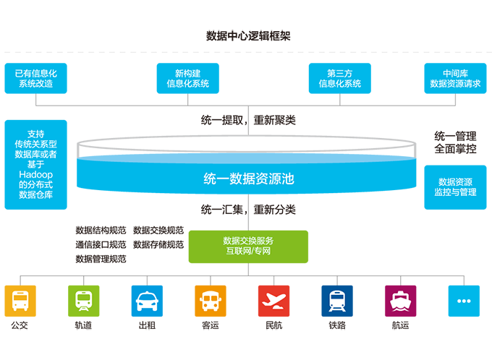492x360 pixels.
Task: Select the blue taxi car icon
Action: (147, 299)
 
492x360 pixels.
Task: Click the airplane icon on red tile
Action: (273, 299)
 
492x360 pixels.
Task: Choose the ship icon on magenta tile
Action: (400, 299)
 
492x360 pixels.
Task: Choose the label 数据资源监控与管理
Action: (455, 187)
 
